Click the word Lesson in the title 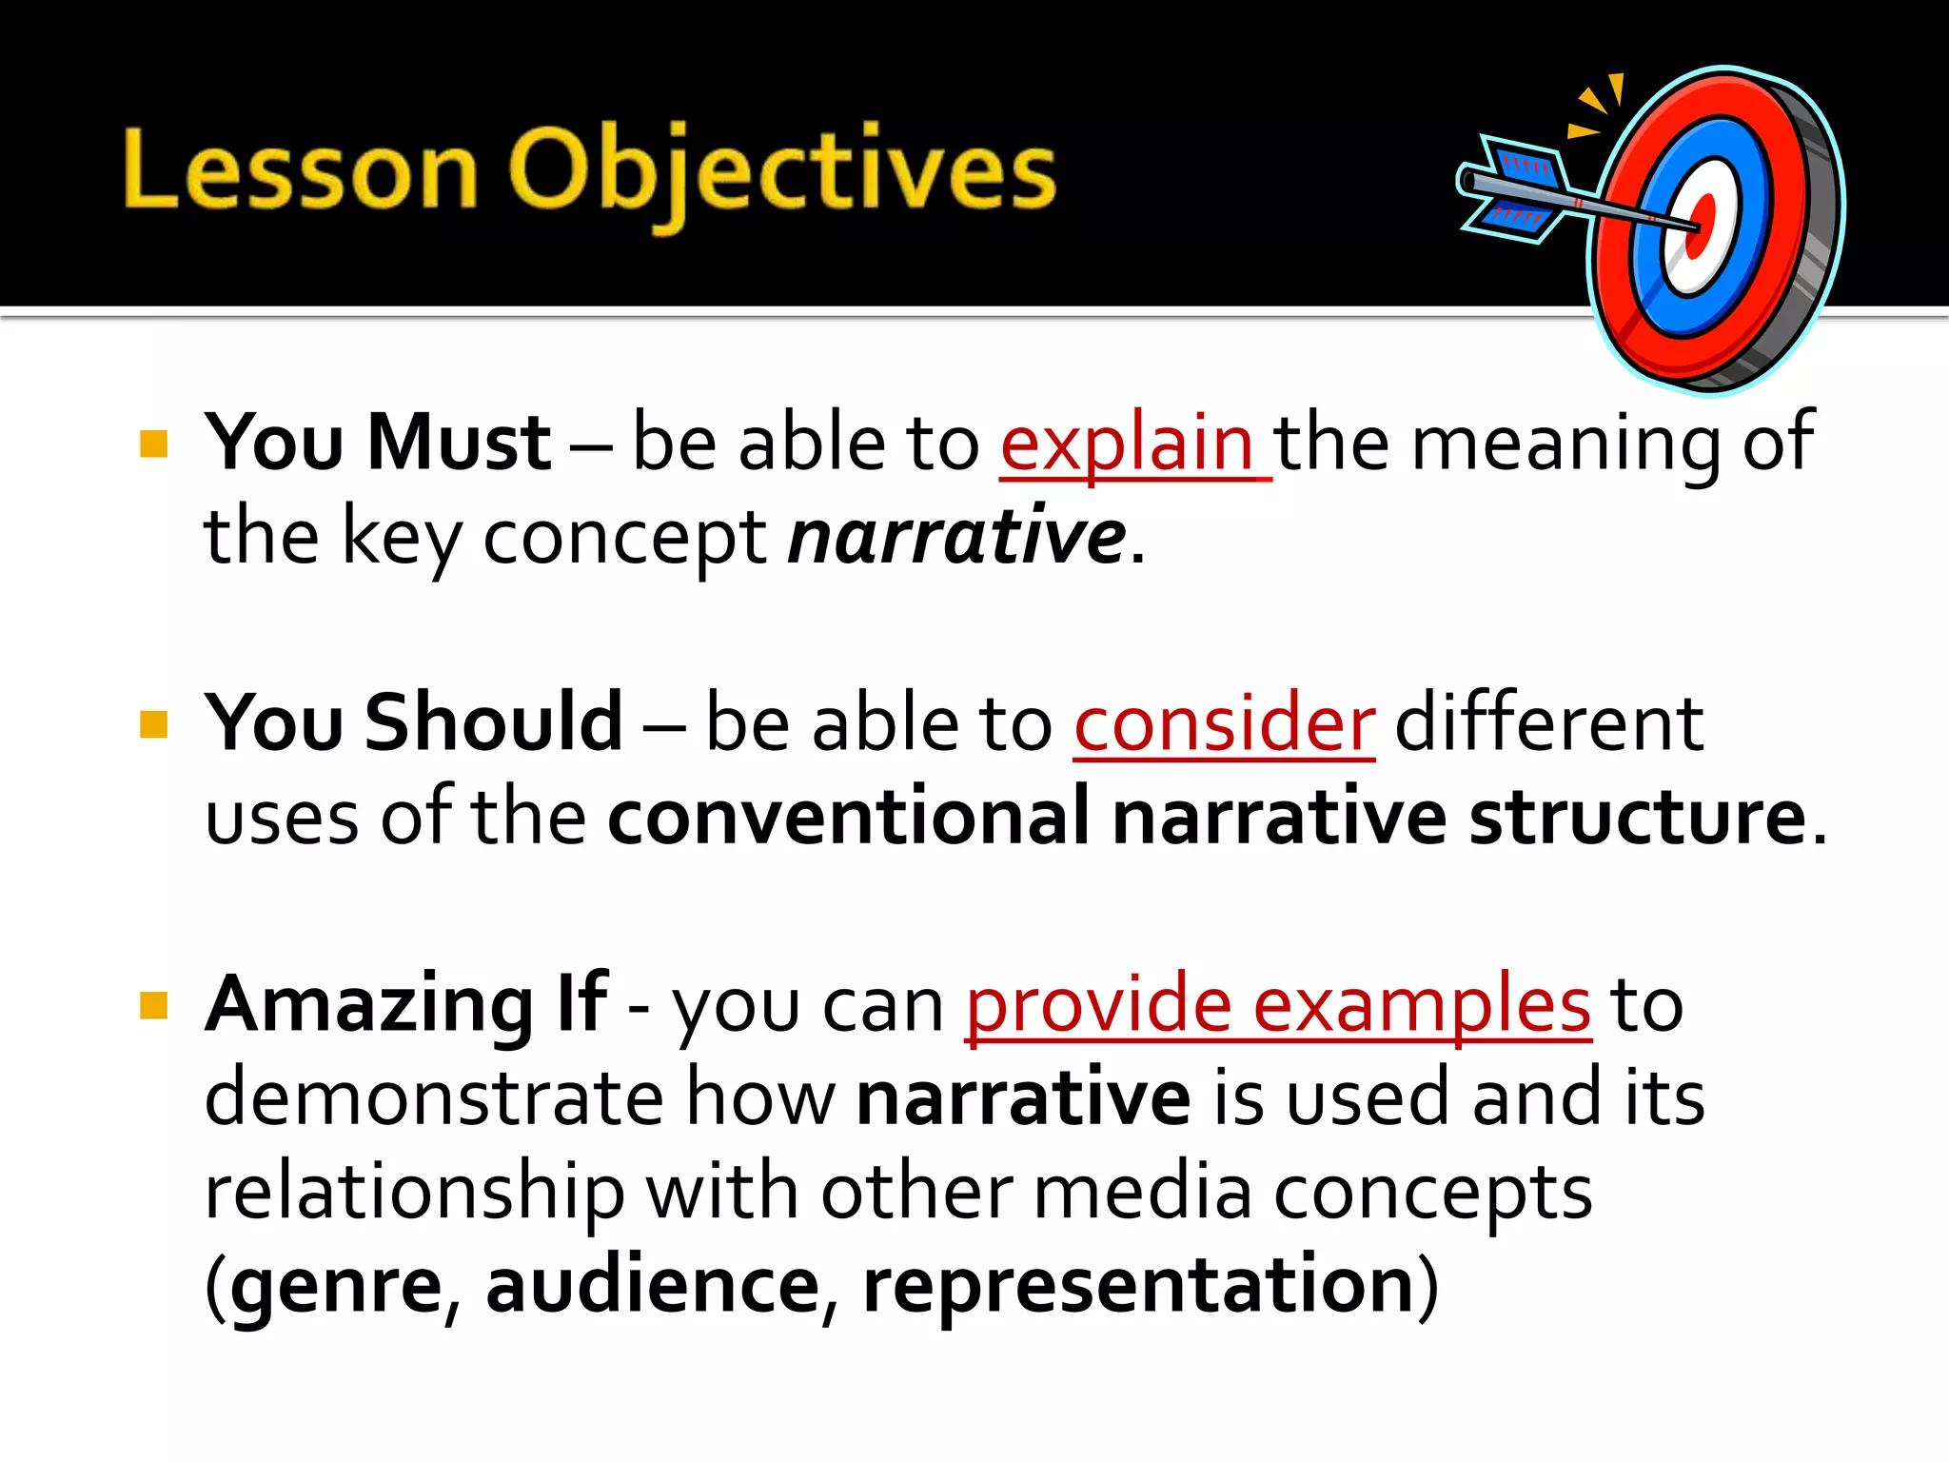click(300, 171)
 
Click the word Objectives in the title click(782, 171)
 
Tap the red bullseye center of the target click(1700, 227)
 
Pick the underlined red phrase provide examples click(1278, 1005)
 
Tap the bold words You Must click(378, 444)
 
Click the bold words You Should click(414, 723)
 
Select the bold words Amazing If click(406, 1005)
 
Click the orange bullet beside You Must click(153, 445)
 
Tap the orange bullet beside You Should click(153, 724)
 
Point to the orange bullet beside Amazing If click(153, 1005)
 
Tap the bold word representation click(1139, 1287)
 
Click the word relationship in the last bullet click(415, 1194)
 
